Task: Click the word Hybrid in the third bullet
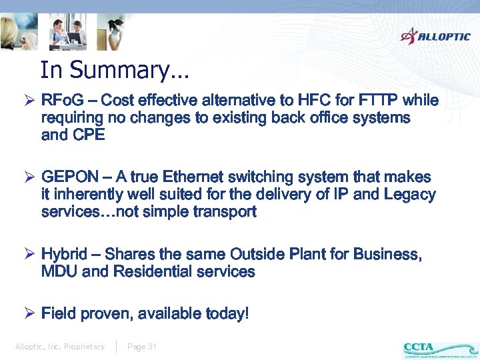click(64, 255)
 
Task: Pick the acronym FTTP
click(378, 101)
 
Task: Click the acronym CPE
click(90, 135)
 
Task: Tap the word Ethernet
click(191, 177)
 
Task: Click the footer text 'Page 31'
click(142, 347)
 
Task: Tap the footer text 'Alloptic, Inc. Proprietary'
click(60, 347)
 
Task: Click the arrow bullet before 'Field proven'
click(29, 313)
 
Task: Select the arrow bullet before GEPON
click(29, 177)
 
